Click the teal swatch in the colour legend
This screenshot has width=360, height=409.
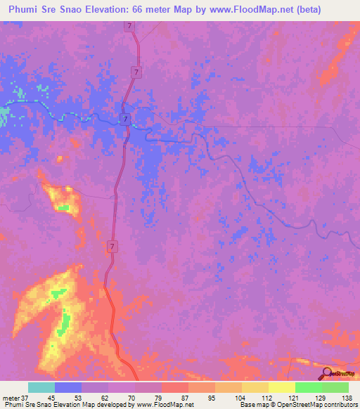click(41, 387)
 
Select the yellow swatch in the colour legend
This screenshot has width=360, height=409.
click(282, 387)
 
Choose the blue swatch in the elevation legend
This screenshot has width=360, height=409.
click(68, 387)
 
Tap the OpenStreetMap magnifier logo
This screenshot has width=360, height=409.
click(328, 372)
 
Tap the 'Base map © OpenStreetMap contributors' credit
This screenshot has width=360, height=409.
click(299, 405)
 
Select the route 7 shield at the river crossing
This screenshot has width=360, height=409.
click(124, 117)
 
